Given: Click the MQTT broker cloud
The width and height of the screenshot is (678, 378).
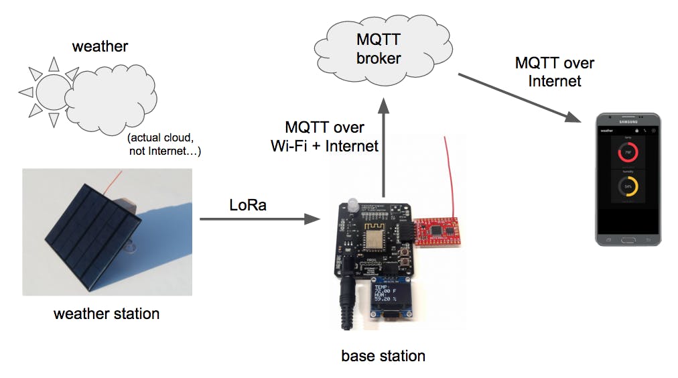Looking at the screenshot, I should (378, 50).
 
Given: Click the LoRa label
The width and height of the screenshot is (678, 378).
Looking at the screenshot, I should (247, 204).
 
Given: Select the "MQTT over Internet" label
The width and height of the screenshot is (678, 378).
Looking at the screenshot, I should (554, 72).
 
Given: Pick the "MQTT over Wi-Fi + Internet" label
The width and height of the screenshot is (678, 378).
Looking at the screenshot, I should (324, 136).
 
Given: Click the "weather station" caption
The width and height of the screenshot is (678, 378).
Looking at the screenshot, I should (107, 313).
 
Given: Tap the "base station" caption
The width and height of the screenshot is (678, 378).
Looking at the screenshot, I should (383, 355).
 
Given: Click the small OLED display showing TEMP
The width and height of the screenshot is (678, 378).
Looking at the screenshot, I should (391, 296).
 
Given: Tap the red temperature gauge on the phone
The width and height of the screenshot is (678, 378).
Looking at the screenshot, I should (628, 153).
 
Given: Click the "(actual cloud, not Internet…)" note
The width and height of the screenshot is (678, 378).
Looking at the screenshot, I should (164, 144).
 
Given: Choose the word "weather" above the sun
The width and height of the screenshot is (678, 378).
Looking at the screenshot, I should (100, 46).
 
